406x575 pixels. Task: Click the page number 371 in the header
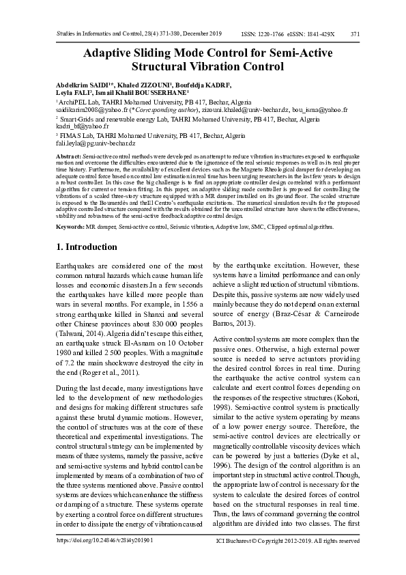click(355, 34)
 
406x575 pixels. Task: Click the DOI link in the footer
click(104, 539)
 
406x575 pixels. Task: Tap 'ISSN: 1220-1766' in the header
click(263, 34)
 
